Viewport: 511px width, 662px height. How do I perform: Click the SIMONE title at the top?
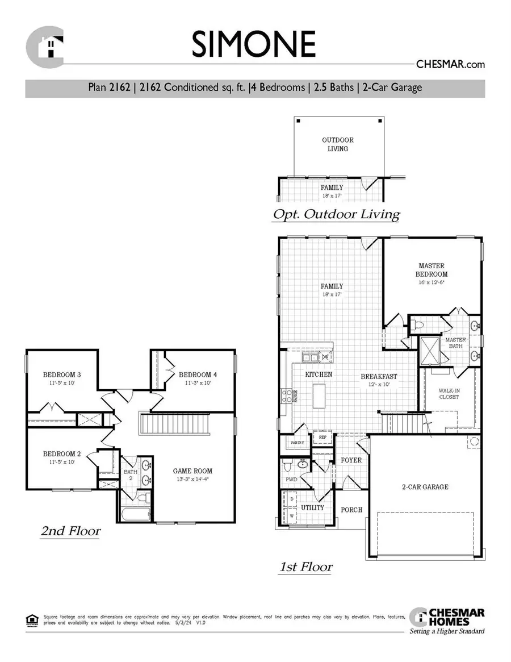coord(253,44)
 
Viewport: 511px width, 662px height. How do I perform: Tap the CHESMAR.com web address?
coord(451,64)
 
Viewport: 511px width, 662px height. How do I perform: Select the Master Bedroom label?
coord(432,269)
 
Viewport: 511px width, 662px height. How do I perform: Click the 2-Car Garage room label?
coord(425,486)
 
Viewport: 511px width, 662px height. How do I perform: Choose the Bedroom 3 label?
coord(62,375)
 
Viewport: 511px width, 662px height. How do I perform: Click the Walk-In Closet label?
coord(448,394)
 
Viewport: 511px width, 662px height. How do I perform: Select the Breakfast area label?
coord(379,376)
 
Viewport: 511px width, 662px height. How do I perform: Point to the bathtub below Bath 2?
coord(135,515)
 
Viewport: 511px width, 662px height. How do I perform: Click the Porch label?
coord(351,510)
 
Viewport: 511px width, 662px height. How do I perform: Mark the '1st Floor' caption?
coord(305,567)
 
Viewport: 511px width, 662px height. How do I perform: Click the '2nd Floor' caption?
coord(70,531)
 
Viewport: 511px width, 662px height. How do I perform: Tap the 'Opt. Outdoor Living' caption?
coord(336,215)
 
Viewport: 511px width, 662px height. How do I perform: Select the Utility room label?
coord(312,507)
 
